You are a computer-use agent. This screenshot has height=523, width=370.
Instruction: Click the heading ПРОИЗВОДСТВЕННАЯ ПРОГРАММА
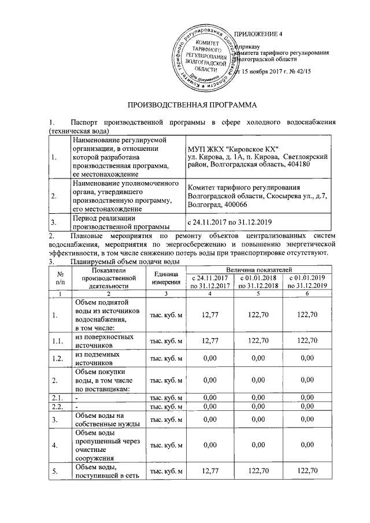[x=190, y=106]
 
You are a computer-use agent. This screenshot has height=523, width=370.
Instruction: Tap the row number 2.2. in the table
[x=58, y=407]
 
